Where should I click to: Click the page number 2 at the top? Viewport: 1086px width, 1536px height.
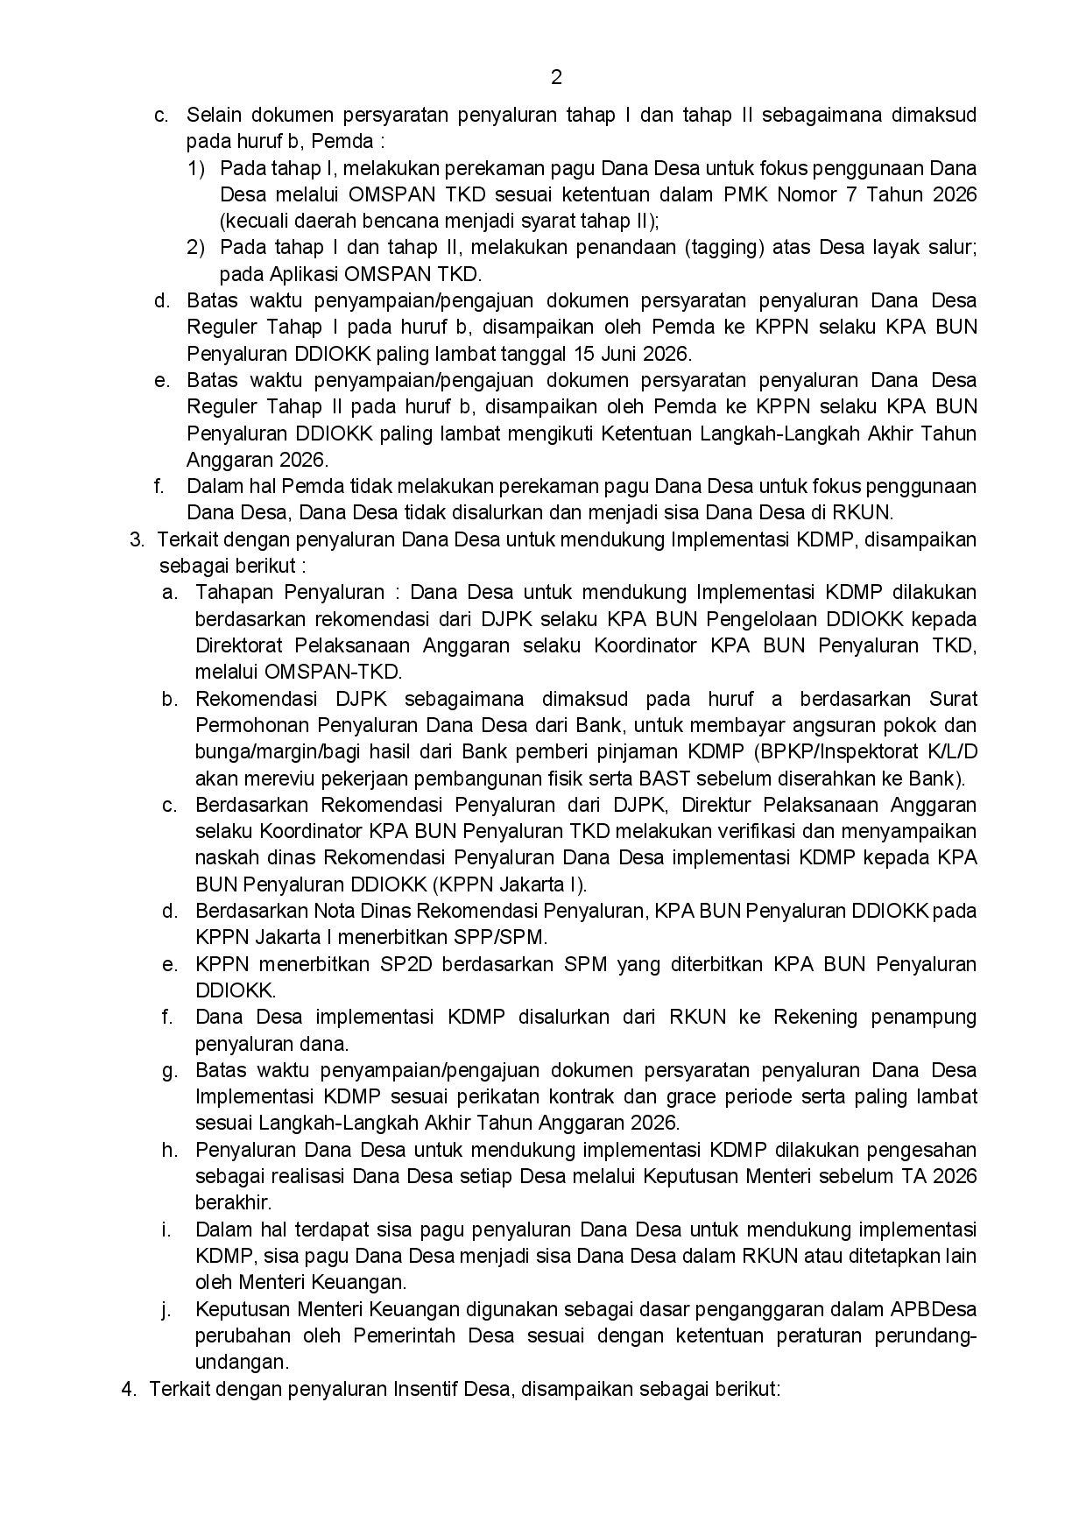click(x=556, y=78)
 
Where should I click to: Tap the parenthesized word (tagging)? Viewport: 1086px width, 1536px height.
click(x=723, y=247)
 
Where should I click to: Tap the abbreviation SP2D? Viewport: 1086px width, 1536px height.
click(x=405, y=964)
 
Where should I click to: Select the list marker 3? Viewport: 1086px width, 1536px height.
click(x=137, y=539)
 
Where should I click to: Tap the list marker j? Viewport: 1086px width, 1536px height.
click(x=166, y=1309)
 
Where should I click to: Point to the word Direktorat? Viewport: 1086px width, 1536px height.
click(x=238, y=645)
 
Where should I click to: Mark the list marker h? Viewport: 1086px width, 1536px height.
click(x=169, y=1150)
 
